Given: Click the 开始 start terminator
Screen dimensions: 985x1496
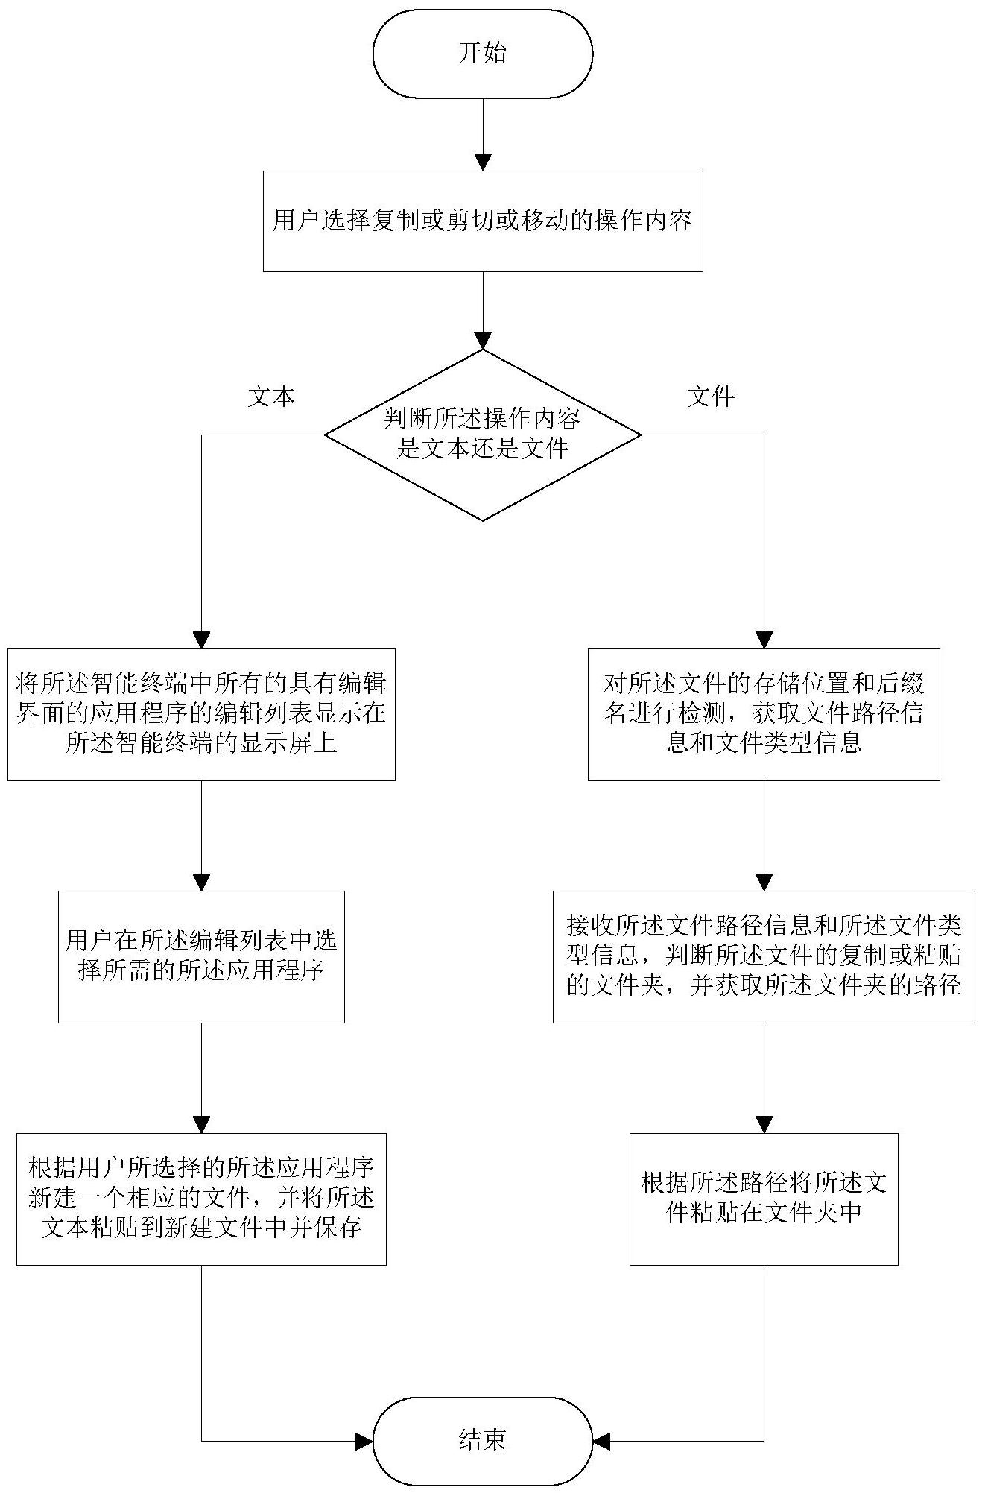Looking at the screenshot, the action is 483,54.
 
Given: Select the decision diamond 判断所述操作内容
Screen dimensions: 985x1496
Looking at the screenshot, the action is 483,435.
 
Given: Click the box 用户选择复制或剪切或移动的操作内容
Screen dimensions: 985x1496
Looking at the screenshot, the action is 483,221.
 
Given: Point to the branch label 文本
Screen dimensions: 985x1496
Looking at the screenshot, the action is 271,397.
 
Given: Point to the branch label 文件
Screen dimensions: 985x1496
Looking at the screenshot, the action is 712,397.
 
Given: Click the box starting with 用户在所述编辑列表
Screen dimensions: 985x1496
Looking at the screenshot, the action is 201,957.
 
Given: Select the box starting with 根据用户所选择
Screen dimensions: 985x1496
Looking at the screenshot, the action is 201,1199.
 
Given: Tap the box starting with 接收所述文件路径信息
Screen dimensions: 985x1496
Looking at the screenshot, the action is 764,957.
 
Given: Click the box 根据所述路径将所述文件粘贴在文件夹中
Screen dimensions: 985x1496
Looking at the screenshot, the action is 764,1199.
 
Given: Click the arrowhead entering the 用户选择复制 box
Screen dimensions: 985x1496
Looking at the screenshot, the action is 483,162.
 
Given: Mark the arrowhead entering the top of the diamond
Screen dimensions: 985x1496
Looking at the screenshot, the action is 483,341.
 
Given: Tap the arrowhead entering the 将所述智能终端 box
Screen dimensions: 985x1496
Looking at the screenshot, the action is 201,640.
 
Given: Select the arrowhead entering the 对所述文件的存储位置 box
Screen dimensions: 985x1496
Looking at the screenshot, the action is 764,640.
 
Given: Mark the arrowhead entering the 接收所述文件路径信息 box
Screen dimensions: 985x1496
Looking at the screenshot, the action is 764,882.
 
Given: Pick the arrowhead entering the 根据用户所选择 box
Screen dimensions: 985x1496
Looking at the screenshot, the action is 201,1124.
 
